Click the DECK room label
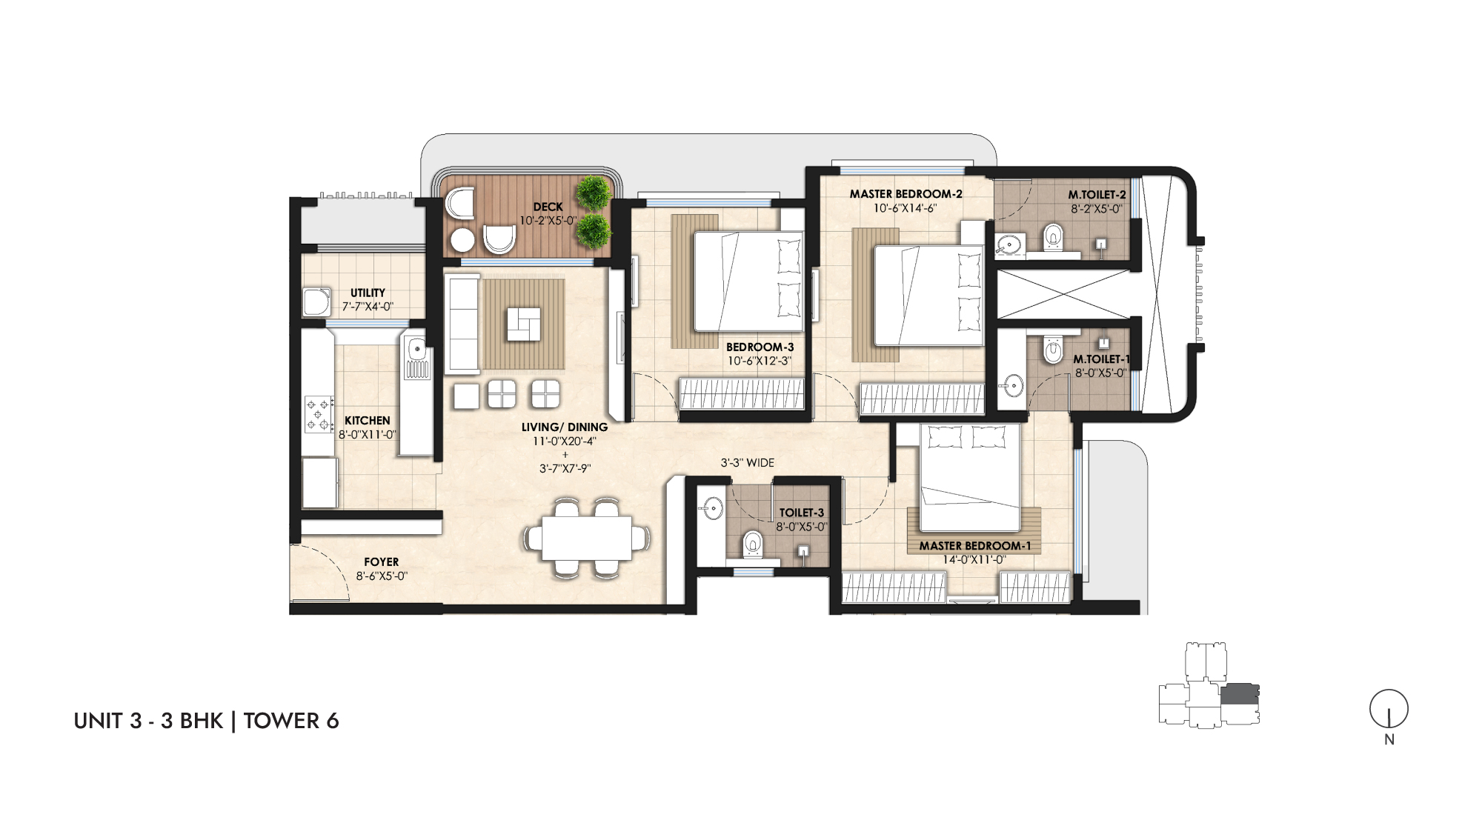pos(548,207)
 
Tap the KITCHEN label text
pos(367,421)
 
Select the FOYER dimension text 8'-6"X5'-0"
pos(382,576)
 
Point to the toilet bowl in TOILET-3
pos(753,544)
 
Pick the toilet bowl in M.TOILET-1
pos(1053,349)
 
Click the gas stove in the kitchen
pos(319,415)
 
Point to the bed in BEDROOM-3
pos(748,282)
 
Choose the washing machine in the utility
pos(316,301)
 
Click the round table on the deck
pos(463,240)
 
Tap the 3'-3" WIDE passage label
pos(747,463)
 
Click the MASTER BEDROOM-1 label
pos(974,546)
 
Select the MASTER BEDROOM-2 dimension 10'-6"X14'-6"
pos(905,208)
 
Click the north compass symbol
pos(1389,709)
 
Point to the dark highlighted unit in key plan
pos(1240,694)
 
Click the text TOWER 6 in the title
pos(291,721)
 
